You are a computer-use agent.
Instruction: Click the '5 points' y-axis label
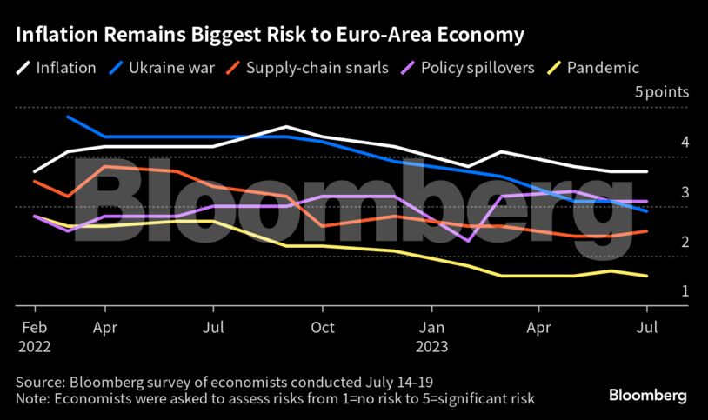tap(661, 92)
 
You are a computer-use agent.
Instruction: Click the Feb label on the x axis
tap(34, 330)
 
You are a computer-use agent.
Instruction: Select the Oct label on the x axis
tap(323, 330)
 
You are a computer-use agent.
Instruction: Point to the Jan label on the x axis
tap(432, 330)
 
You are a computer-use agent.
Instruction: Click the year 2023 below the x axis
tap(432, 347)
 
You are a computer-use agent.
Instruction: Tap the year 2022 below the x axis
tap(34, 347)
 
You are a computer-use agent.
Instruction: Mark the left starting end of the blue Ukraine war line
tap(68, 117)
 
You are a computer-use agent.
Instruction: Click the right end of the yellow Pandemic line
tap(647, 277)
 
